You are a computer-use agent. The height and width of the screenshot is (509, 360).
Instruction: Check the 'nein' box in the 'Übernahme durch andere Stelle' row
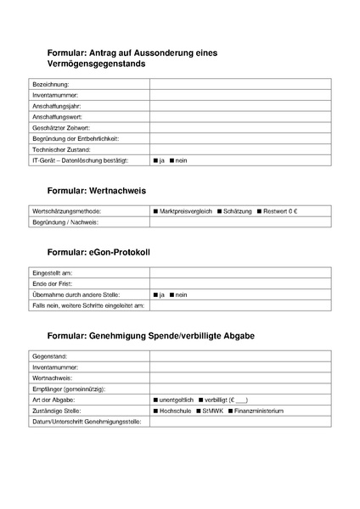pos(172,294)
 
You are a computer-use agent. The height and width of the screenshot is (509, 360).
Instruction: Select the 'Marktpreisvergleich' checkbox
pos(156,210)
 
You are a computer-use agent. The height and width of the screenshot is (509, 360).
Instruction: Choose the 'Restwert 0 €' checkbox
pos(259,210)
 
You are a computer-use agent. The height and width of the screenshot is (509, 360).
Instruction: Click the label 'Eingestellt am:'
pos(52,273)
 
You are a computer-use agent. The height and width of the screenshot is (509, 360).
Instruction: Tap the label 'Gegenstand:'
pos(49,356)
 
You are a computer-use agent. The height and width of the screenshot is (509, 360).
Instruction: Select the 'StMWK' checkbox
pos(198,411)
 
